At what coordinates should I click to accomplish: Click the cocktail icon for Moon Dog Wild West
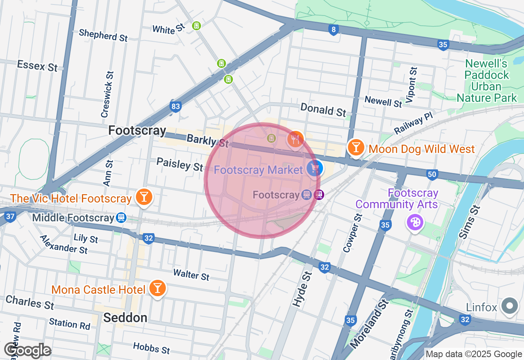[x=356, y=147]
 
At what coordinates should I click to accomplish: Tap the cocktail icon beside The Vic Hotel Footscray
[x=144, y=197]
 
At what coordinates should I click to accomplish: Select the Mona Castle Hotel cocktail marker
[x=157, y=288]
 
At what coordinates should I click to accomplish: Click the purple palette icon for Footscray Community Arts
[x=414, y=222]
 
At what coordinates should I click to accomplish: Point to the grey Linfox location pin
[x=510, y=306]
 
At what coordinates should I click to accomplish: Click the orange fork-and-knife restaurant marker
[x=295, y=139]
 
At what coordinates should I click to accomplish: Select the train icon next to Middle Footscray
[x=121, y=218]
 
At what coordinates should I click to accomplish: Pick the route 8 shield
[x=334, y=29]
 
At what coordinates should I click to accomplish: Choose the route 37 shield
[x=11, y=216]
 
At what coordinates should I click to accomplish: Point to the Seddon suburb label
[x=125, y=317]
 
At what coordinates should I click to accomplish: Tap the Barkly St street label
[x=207, y=140]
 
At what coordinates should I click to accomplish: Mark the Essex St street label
[x=37, y=66]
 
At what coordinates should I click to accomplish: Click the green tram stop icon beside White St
[x=196, y=26]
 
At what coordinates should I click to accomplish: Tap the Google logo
[x=27, y=351]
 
